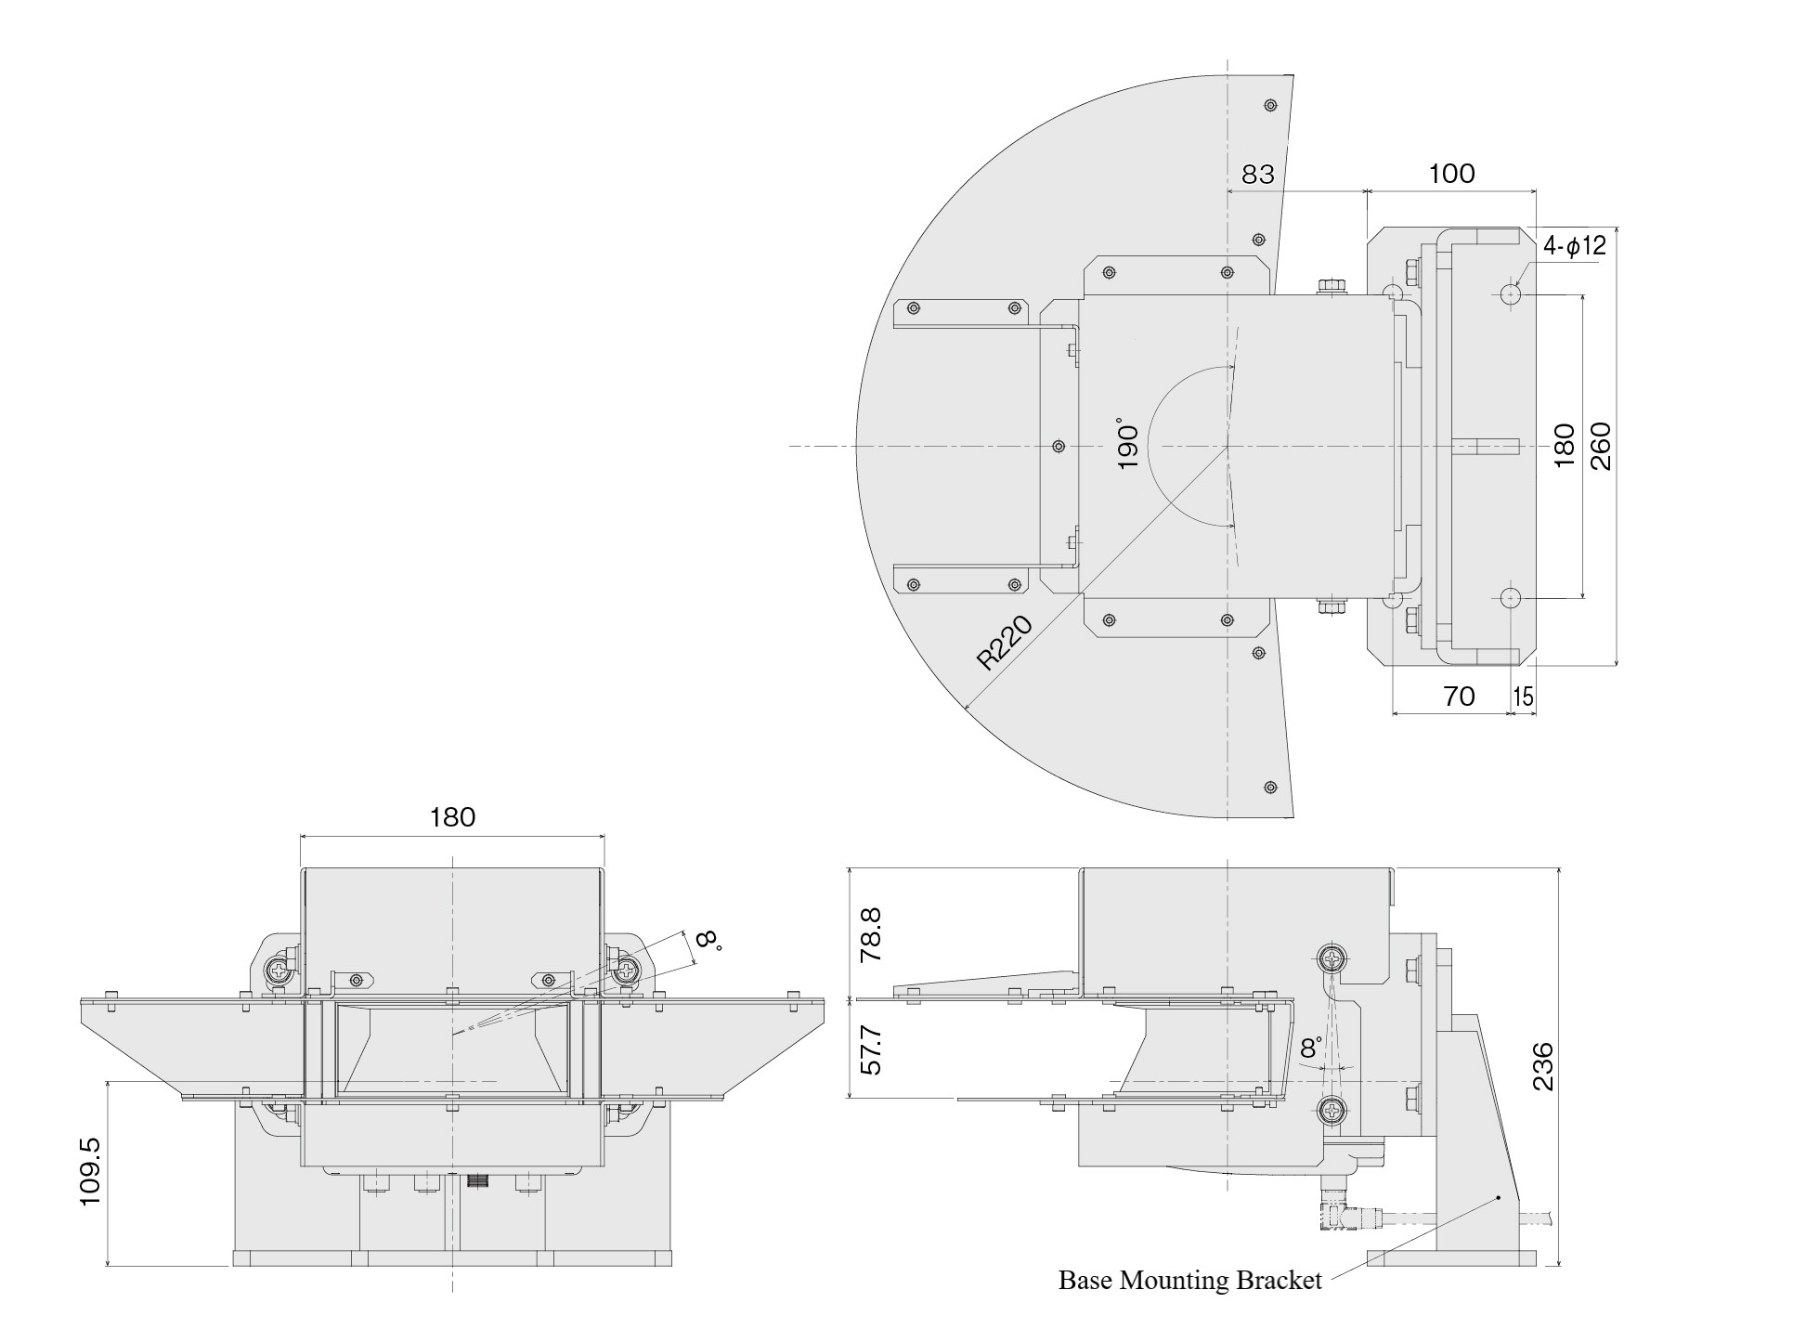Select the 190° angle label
tap(1127, 443)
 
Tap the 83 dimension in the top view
tap(1257, 175)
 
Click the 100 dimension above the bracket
tap(1451, 174)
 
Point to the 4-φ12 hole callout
tap(1574, 246)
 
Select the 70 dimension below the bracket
tap(1460, 697)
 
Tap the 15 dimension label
tap(1523, 697)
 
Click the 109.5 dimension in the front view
tap(90, 1173)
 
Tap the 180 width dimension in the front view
tap(452, 817)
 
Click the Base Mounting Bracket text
tap(1189, 1281)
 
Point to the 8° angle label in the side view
tap(1311, 1049)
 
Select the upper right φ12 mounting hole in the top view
tap(1510, 295)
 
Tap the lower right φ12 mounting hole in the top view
tap(1510, 597)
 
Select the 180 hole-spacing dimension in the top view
tap(1565, 445)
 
